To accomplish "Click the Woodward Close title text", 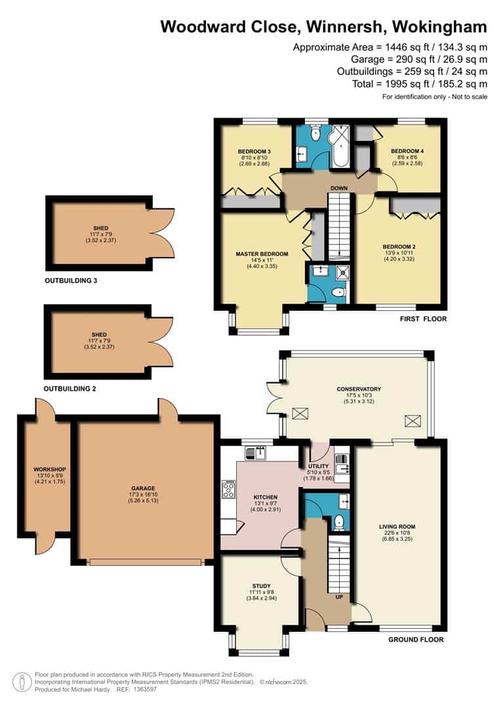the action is (x=323, y=27).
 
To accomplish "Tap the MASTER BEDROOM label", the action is (x=262, y=254).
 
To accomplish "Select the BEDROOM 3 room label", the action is (x=254, y=151).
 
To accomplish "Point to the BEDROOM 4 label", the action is (x=407, y=151).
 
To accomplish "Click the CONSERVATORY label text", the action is (x=359, y=389).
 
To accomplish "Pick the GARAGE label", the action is (x=143, y=488).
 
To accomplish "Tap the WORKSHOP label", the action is (x=50, y=469).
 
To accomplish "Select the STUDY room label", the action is (x=262, y=585).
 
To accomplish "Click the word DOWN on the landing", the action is (x=339, y=188).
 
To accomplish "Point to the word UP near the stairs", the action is (x=339, y=597).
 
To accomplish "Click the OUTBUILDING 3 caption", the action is (x=71, y=281).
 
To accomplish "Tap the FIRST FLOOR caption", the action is (x=424, y=319).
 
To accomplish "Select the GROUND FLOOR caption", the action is (x=416, y=639).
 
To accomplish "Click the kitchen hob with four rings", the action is (x=229, y=489).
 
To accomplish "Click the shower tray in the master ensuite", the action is (x=342, y=273).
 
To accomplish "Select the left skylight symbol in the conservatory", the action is (x=298, y=414).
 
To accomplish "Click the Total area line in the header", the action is (x=420, y=84).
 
